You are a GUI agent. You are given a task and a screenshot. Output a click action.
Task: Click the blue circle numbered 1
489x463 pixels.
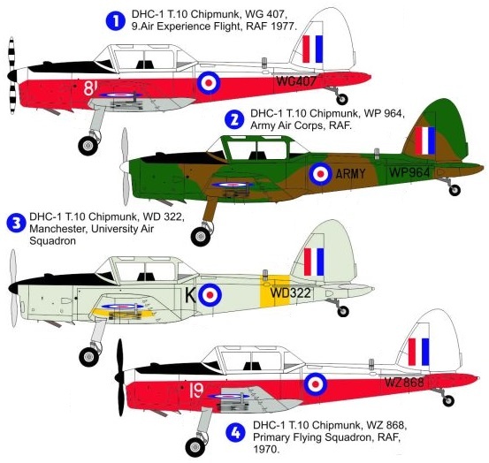tap(116, 20)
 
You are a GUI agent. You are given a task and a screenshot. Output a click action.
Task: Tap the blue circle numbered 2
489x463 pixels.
tap(234, 120)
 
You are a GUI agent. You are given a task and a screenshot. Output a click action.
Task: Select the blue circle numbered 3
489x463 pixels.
tap(16, 223)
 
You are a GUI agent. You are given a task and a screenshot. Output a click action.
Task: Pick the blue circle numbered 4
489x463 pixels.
tap(236, 433)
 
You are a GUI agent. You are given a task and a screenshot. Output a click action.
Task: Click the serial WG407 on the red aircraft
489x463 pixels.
tap(296, 81)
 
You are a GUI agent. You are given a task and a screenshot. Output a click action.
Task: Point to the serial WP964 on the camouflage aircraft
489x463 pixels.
tap(409, 172)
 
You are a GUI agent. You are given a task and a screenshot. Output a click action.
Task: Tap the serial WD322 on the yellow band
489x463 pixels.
tap(290, 292)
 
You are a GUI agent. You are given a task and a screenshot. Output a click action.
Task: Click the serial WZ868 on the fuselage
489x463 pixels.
tap(404, 382)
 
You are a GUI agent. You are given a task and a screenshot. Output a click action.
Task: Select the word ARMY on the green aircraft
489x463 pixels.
tap(350, 173)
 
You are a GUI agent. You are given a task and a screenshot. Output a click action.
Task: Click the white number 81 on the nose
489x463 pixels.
tap(90, 87)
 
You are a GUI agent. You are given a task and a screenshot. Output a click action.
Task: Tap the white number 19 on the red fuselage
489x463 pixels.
tap(196, 391)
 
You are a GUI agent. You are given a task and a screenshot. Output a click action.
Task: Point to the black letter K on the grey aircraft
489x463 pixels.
tap(190, 295)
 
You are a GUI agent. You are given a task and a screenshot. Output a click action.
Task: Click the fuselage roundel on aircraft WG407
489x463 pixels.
tap(209, 82)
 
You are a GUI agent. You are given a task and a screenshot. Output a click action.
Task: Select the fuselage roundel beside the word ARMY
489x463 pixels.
tap(321, 174)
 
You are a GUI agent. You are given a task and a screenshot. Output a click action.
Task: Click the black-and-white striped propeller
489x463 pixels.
tap(11, 75)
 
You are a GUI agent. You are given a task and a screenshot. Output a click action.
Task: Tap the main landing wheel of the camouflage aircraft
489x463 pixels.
tap(201, 237)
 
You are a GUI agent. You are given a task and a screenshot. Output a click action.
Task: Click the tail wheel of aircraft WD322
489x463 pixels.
tap(343, 311)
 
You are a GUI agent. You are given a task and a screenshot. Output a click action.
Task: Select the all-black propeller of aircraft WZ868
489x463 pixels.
tap(119, 377)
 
